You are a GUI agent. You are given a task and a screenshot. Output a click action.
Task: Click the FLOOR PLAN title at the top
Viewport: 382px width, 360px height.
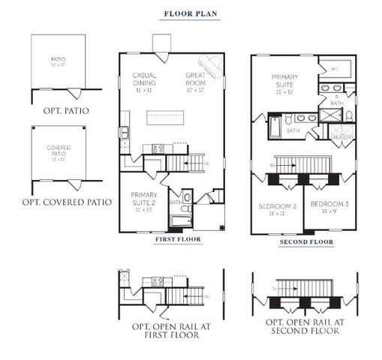[x=191, y=13]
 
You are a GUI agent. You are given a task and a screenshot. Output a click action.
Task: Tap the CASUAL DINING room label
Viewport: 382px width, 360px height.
[x=144, y=79]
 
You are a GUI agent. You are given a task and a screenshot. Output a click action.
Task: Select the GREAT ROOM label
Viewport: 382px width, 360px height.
[x=197, y=79]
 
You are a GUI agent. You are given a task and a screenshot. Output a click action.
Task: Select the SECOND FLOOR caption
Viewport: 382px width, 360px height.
[x=305, y=242]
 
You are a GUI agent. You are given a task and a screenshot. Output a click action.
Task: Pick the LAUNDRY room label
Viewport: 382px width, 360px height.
[x=341, y=138]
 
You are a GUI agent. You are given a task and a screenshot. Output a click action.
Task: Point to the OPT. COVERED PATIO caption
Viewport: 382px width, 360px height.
[x=66, y=202]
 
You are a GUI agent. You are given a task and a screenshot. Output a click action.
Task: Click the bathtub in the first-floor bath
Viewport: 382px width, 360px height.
[x=181, y=221]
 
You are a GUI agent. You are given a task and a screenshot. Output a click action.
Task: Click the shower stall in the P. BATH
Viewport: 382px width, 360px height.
[x=329, y=115]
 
